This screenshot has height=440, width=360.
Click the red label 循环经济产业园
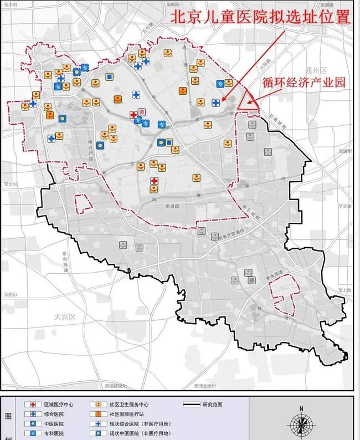point(304,81)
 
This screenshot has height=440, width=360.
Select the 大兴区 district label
point(64,317)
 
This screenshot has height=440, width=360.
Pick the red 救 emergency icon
point(141,112)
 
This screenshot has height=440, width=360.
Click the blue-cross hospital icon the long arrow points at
point(215,103)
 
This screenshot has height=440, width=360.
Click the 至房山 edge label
point(10,294)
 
